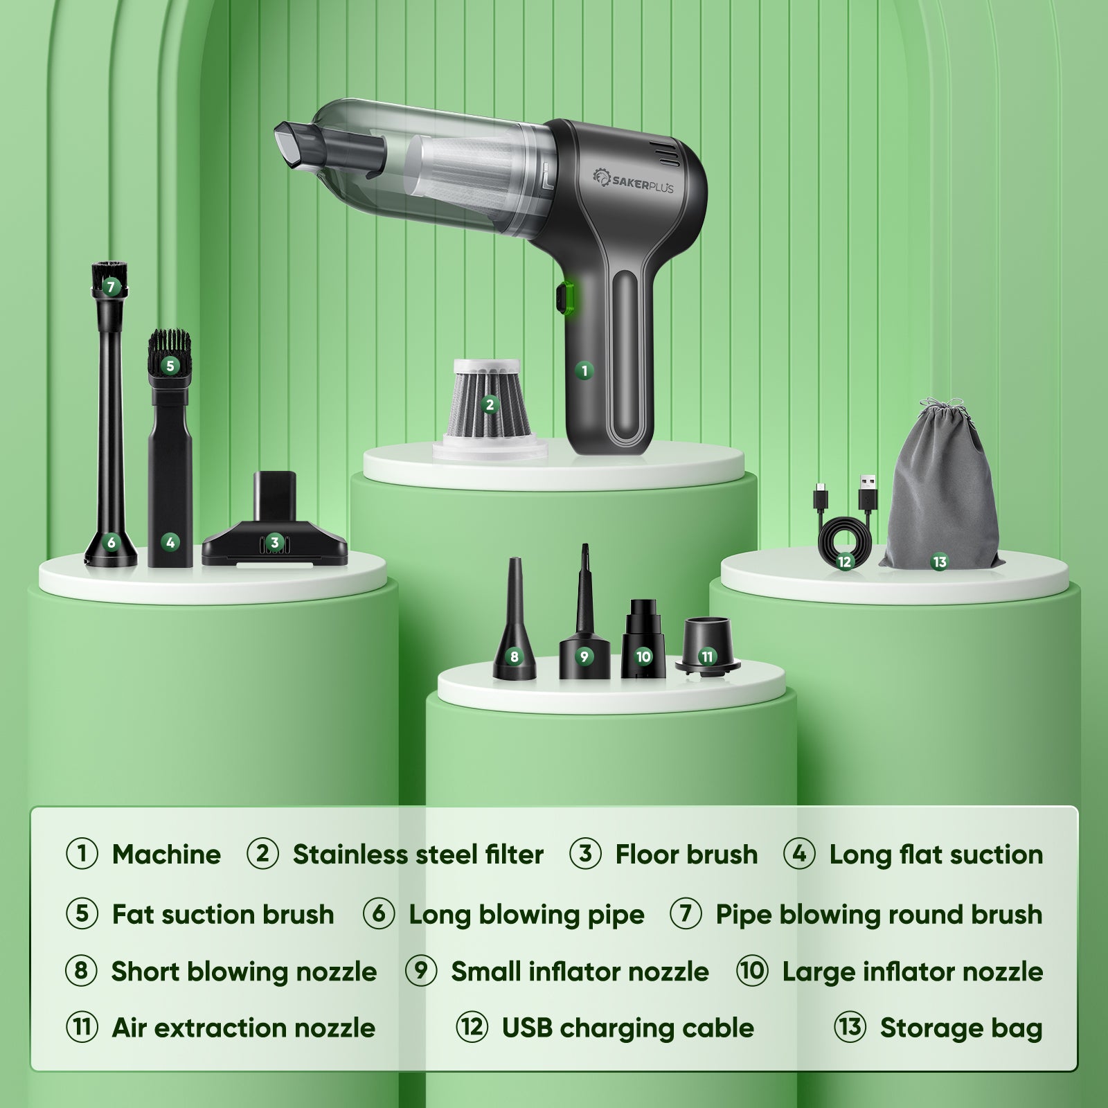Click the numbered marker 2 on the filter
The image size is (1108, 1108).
490,404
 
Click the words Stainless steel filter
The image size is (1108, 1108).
418,855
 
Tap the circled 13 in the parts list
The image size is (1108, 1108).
850,1027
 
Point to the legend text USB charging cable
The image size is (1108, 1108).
628,1028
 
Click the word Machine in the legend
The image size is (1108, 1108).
166,855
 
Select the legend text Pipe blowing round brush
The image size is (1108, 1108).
879,915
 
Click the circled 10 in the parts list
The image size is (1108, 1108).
752,971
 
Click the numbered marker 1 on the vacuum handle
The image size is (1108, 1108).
584,370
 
